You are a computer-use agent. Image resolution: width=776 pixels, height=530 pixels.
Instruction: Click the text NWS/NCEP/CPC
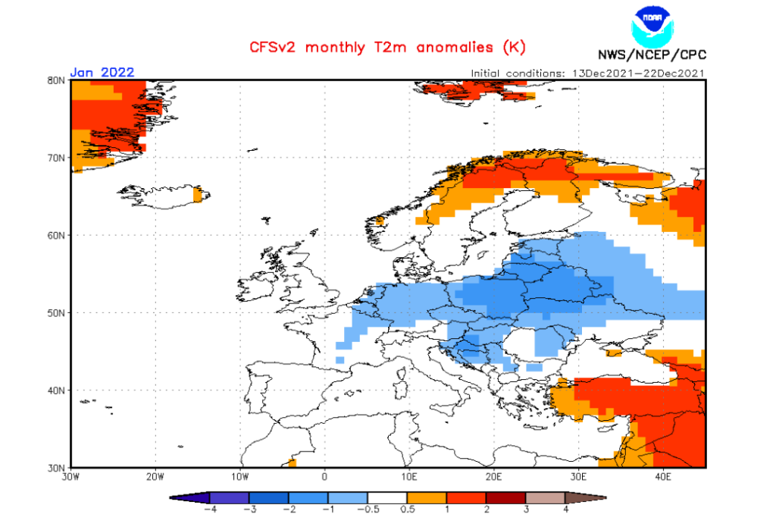(x=652, y=55)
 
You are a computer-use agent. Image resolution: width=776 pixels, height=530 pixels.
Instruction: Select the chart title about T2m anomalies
(x=388, y=47)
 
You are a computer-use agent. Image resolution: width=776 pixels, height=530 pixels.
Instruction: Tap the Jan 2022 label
(x=102, y=73)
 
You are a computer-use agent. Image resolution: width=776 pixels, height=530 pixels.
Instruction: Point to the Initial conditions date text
(x=588, y=74)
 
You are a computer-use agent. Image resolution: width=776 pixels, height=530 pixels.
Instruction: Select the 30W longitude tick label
(x=70, y=477)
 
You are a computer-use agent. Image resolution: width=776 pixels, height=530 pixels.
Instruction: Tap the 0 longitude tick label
(x=324, y=477)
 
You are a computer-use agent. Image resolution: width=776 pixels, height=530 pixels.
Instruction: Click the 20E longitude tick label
(x=494, y=477)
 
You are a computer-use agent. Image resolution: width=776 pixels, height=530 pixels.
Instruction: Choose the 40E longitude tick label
(x=663, y=477)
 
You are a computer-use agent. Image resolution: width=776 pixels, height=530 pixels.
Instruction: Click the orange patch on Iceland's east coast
(x=198, y=194)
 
